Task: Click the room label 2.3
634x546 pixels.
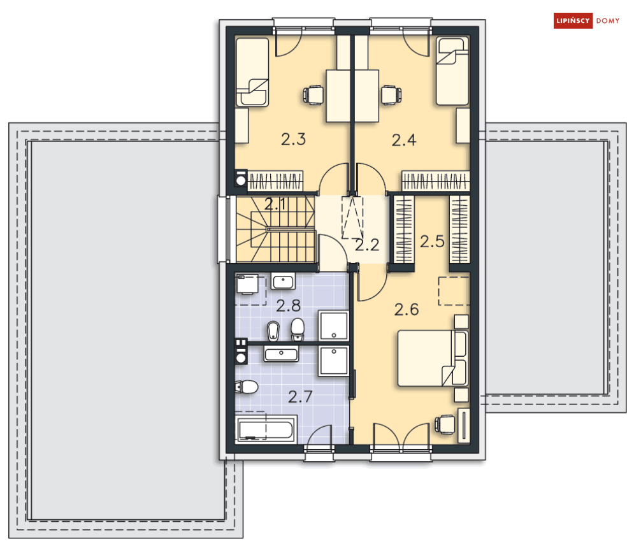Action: (x=293, y=140)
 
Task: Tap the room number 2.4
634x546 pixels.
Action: (x=404, y=140)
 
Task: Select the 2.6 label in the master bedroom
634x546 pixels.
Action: (x=407, y=310)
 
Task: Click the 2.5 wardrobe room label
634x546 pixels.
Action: (x=431, y=242)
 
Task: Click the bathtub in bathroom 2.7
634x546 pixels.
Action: (x=266, y=429)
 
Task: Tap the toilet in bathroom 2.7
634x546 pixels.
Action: (x=246, y=386)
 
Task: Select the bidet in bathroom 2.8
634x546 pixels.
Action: (x=274, y=329)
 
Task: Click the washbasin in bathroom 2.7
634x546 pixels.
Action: (x=281, y=354)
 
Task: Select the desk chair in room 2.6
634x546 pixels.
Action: (x=445, y=423)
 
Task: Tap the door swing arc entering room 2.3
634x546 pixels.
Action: (x=332, y=178)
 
